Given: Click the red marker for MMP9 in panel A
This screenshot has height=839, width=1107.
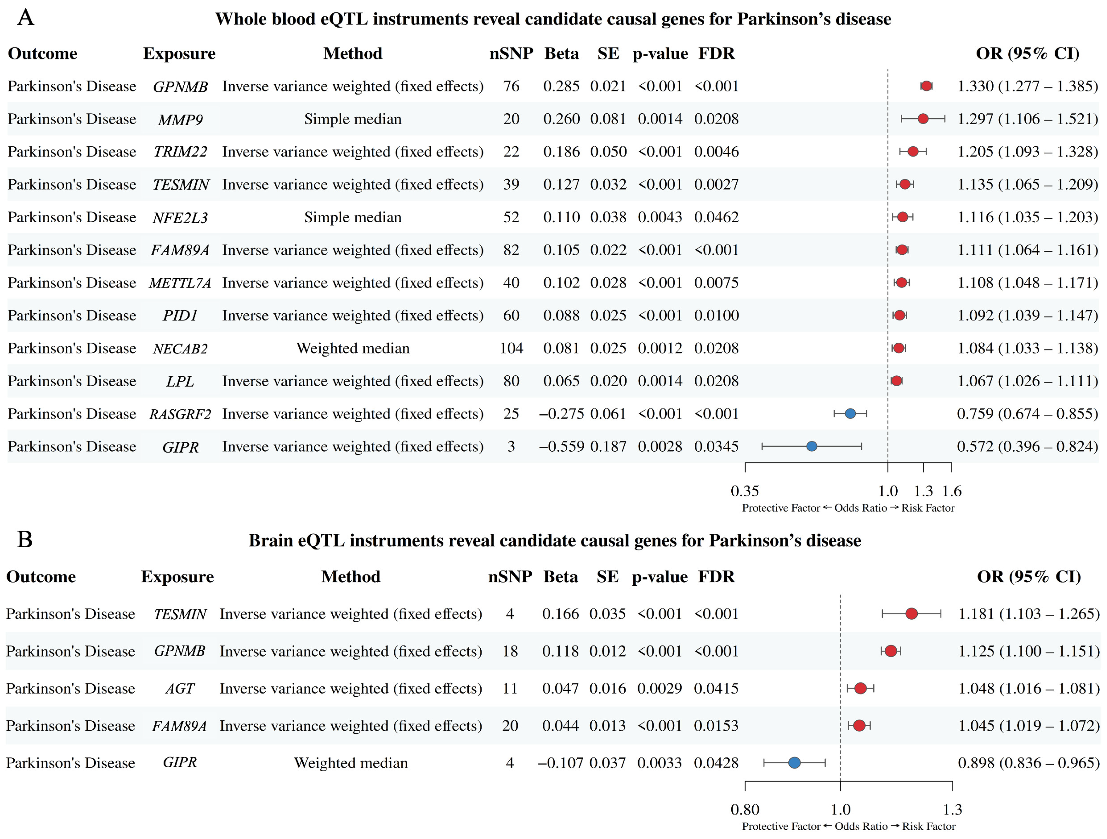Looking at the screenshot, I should point(923,119).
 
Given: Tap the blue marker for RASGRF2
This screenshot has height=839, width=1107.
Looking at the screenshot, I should point(850,414).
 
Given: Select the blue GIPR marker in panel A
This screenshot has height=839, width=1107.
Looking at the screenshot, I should point(812,446).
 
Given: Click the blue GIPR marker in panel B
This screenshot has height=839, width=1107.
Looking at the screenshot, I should point(794,763).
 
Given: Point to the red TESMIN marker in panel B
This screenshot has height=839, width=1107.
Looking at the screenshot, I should point(911,614).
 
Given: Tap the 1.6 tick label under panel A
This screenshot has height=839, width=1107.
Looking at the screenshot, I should point(951,491).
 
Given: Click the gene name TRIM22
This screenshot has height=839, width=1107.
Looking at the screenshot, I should point(180,152).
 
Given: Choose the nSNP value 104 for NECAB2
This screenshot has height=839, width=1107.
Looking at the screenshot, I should point(511,348).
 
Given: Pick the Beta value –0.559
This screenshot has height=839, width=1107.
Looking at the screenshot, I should point(561,446).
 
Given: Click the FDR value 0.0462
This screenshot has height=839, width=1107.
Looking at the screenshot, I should point(716,217).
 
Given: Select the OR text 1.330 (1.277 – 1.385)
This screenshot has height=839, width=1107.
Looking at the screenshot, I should point(1027,86).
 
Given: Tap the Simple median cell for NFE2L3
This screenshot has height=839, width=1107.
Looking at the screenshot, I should point(353,217).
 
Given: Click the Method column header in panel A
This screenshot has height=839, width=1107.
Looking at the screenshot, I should point(353,54).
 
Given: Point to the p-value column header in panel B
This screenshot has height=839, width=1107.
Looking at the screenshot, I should point(660,577).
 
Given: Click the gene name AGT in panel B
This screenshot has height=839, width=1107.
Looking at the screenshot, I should point(180,689).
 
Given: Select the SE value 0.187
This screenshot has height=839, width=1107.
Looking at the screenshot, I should point(608,446).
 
